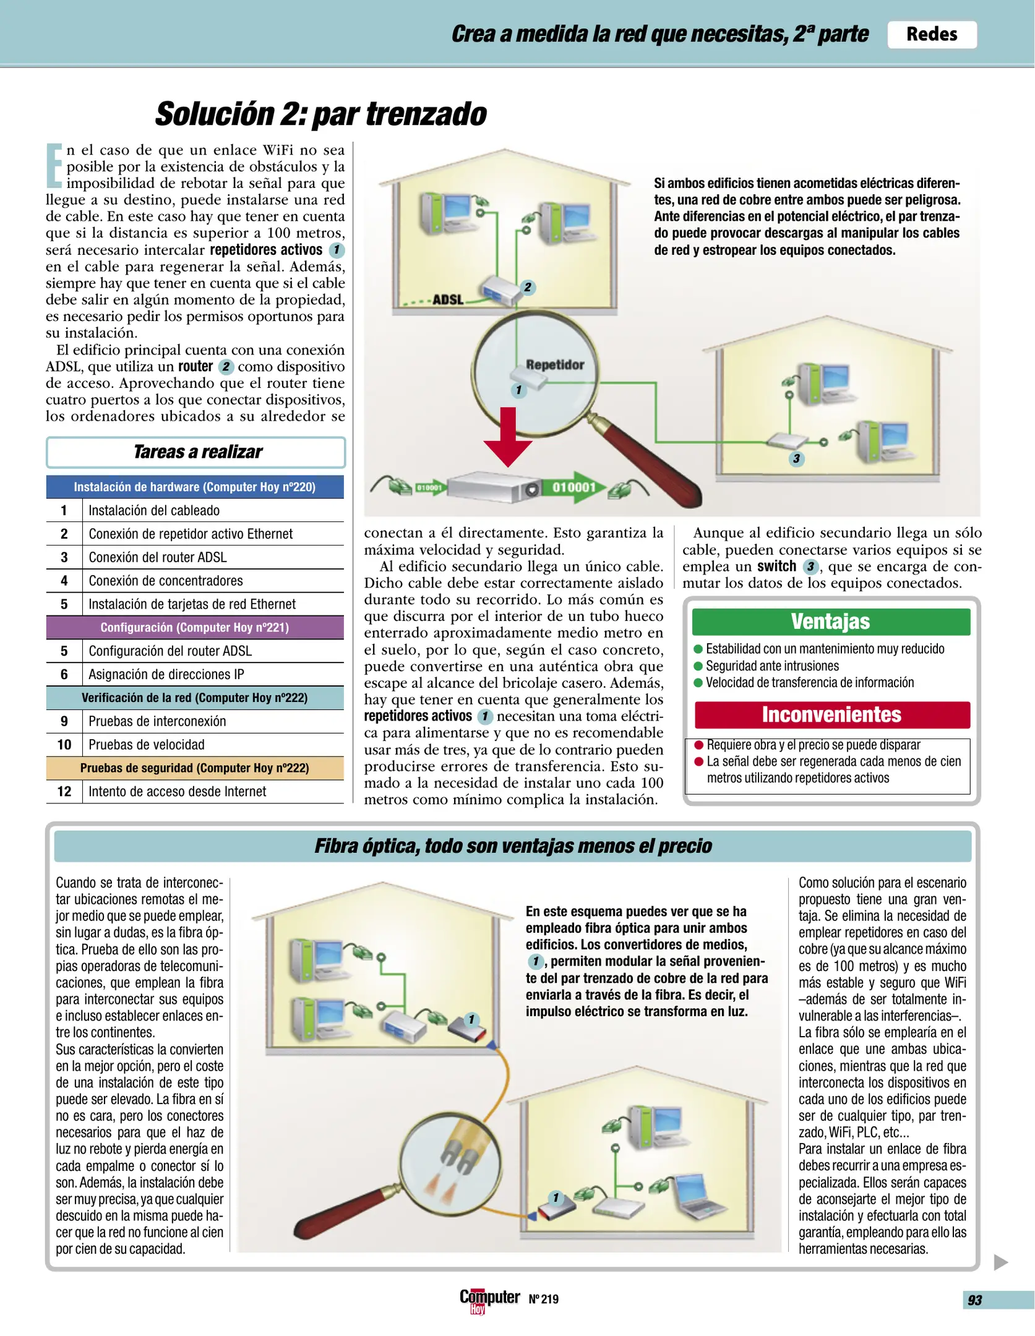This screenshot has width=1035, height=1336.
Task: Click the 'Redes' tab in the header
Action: click(931, 34)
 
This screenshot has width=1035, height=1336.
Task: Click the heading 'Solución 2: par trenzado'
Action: click(320, 114)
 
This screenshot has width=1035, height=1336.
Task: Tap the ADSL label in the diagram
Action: click(448, 299)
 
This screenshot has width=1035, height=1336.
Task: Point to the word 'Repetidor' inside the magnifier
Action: click(555, 364)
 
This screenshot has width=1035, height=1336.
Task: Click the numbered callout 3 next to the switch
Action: click(797, 459)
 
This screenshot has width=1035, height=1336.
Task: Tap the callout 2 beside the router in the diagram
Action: click(527, 287)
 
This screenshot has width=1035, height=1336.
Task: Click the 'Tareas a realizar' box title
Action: click(197, 452)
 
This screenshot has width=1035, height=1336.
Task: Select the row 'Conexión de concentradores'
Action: click(166, 581)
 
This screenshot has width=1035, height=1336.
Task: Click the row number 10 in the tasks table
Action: click(64, 745)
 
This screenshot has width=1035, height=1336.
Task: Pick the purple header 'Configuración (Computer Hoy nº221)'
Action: click(195, 627)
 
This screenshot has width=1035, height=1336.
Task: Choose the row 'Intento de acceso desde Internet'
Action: click(177, 792)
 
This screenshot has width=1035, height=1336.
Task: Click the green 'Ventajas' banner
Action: click(831, 622)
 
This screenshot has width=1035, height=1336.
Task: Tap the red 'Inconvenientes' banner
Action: click(831, 714)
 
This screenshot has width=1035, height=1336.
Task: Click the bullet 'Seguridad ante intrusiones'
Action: click(772, 666)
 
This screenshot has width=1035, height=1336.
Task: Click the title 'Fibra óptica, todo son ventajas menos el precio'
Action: click(513, 846)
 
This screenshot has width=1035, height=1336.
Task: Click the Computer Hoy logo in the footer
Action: click(489, 1299)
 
